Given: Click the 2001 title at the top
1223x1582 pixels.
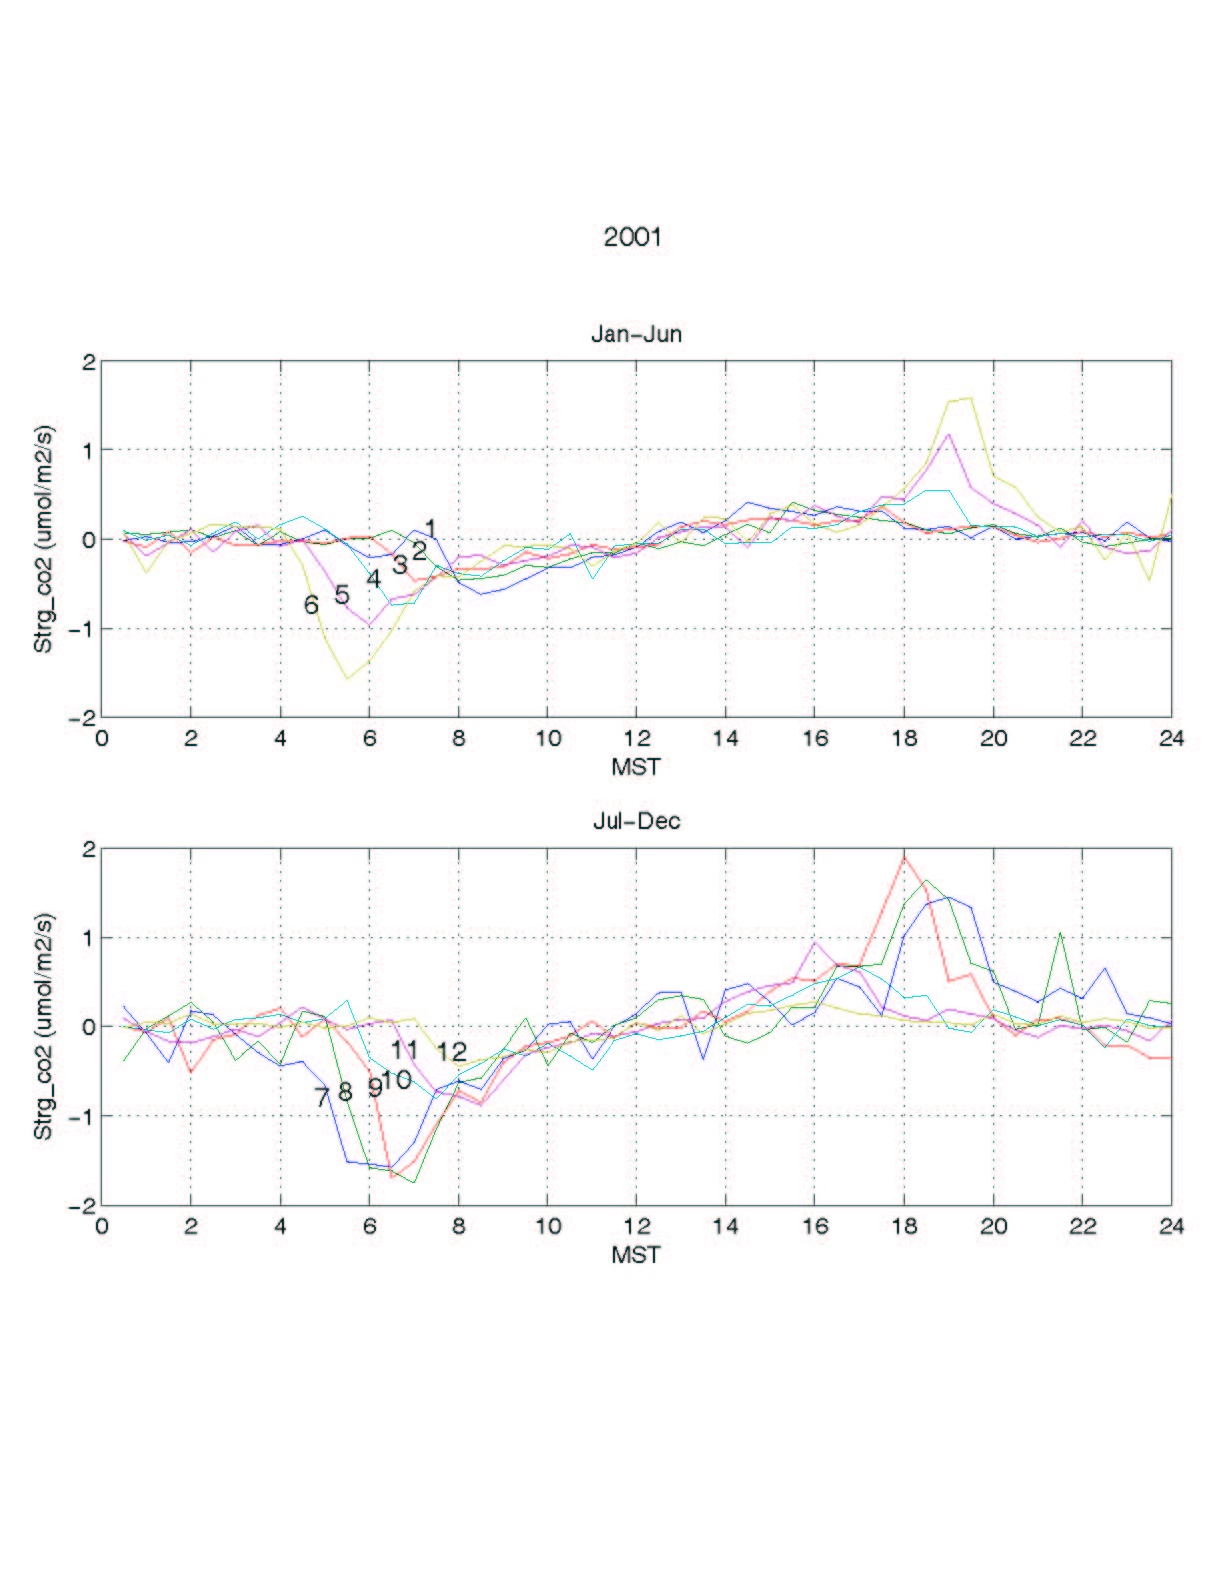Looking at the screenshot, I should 632,237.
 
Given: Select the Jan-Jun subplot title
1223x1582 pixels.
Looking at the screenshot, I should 636,334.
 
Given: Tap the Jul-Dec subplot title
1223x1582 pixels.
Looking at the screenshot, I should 636,821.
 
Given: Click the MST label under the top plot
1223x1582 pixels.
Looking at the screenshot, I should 636,767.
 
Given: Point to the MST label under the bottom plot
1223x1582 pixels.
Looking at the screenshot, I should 636,1254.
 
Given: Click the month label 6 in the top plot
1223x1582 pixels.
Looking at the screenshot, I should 311,605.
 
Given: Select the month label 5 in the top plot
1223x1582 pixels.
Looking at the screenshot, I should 342,595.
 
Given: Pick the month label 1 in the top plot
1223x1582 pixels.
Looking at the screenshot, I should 430,528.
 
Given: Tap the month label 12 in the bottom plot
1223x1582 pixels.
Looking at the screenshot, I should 452,1051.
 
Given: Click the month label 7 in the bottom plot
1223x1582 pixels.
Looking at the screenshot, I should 321,1097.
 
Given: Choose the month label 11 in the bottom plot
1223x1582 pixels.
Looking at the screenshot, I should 404,1049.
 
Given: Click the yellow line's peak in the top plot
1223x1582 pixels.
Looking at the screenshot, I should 970,398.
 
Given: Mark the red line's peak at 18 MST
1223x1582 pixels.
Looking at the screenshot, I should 904,856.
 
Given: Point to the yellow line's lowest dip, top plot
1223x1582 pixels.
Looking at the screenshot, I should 347,678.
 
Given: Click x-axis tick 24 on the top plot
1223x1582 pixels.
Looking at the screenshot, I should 1171,739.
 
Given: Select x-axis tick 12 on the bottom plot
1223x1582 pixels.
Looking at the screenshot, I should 636,1226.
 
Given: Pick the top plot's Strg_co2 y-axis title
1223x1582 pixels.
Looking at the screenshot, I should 44,540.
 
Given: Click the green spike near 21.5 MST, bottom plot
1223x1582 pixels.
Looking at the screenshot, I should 1059,933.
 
